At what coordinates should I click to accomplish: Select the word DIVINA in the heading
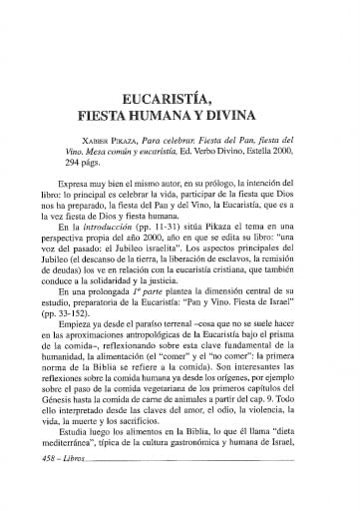251,89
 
